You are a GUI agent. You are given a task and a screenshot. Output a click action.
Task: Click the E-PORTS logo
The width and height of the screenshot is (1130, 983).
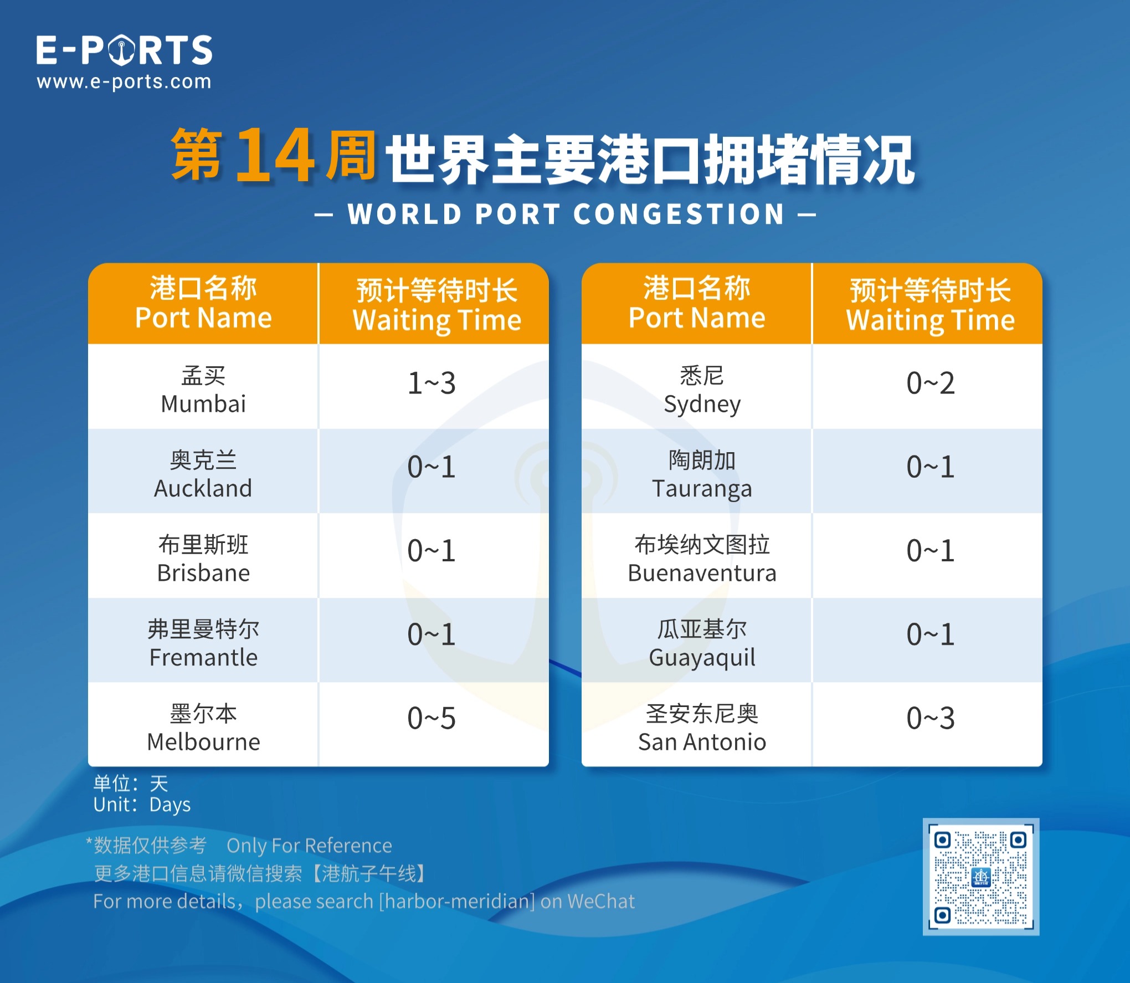[x=124, y=50]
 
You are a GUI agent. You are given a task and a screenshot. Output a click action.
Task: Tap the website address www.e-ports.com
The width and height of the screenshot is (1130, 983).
[x=124, y=82]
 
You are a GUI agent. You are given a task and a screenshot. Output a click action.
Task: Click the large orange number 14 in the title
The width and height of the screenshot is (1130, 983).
[x=275, y=155]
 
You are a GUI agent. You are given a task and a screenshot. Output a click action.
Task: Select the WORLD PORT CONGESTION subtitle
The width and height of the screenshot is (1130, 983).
[x=566, y=214]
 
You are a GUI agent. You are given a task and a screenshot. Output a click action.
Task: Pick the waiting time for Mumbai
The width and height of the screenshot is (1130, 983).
[x=432, y=383]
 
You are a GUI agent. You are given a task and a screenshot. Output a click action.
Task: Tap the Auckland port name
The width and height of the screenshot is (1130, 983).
[x=203, y=474]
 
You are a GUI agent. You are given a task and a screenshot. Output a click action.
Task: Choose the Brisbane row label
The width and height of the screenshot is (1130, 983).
[x=203, y=559]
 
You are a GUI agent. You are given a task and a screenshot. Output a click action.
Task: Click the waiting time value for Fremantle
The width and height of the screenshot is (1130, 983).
[x=432, y=634]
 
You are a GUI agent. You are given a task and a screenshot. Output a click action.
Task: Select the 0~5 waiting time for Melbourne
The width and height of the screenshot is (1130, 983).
[x=432, y=718]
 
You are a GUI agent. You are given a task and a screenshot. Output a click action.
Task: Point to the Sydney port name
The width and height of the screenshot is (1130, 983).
[x=702, y=390]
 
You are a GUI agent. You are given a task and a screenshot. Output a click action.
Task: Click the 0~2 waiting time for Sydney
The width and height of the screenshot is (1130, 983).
[x=931, y=383]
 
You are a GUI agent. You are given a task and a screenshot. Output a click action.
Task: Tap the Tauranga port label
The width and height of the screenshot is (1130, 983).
[x=702, y=474]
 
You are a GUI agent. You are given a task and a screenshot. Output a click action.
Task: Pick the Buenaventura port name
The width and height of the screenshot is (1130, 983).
[x=702, y=559]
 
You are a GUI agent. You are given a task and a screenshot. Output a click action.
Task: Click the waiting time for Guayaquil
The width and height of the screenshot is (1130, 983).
[x=931, y=634]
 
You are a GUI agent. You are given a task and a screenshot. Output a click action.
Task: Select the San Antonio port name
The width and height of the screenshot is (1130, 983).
[x=702, y=728]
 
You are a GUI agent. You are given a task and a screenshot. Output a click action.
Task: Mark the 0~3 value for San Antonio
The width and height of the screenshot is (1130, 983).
[x=931, y=718]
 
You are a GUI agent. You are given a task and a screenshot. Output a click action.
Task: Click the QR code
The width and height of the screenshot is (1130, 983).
[x=980, y=877]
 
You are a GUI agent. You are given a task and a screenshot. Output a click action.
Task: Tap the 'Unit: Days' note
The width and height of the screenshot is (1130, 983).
[x=142, y=805]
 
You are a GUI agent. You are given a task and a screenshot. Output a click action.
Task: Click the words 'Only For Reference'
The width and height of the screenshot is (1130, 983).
[x=309, y=846]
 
